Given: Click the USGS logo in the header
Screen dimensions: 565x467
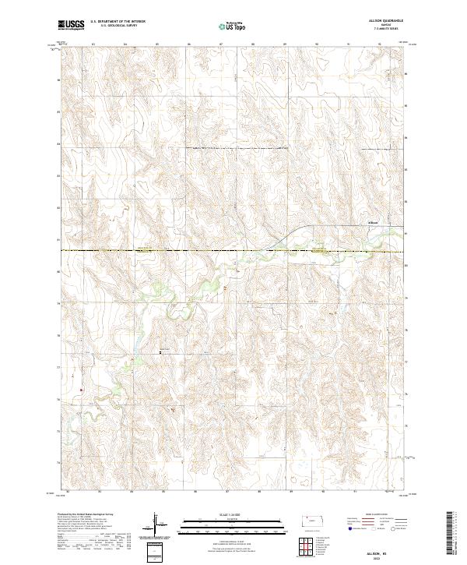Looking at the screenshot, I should (71, 26).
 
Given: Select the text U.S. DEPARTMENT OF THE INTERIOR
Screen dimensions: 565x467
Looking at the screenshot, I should (118, 23).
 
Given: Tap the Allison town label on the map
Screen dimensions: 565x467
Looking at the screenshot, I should (373, 221).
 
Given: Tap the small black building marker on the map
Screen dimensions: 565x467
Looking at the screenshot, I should (161, 352).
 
